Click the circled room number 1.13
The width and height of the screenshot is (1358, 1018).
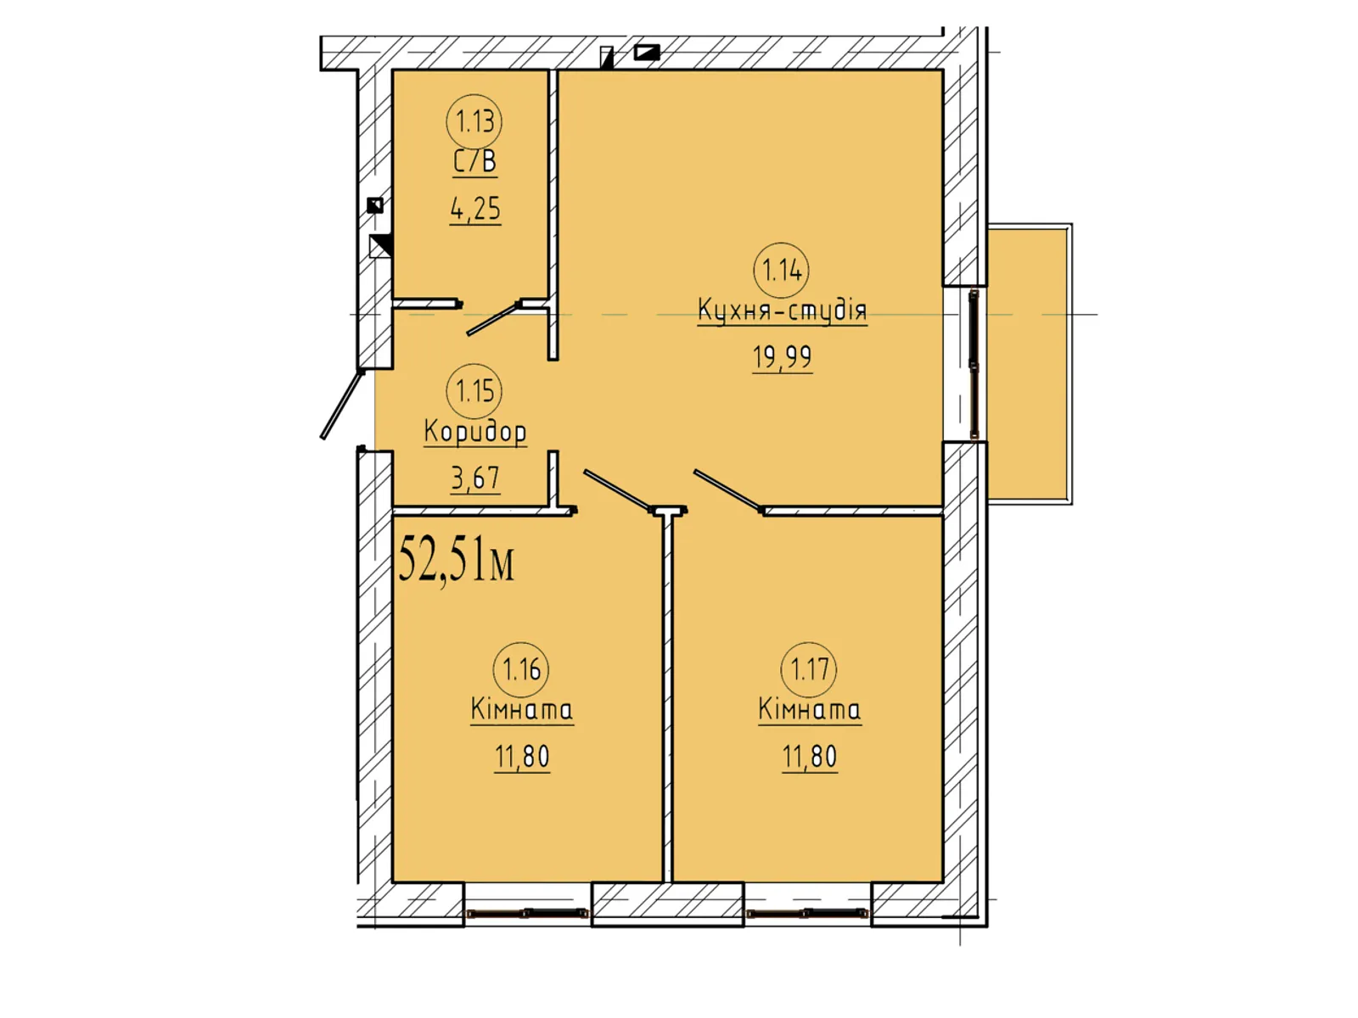click(x=474, y=122)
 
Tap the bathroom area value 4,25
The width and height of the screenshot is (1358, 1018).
click(x=475, y=209)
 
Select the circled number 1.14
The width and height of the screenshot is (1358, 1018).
click(x=782, y=270)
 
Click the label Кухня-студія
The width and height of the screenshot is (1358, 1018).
click(x=782, y=310)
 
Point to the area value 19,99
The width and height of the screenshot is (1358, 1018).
click(x=782, y=357)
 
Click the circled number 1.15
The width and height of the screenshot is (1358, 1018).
click(x=474, y=391)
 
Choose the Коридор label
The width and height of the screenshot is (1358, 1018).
click(x=475, y=432)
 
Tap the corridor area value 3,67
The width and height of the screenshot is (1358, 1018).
click(x=475, y=478)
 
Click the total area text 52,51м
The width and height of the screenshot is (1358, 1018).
click(x=456, y=559)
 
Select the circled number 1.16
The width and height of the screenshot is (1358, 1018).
click(x=521, y=669)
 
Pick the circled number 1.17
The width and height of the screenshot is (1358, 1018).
click(x=809, y=669)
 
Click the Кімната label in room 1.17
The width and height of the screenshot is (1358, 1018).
click(x=809, y=709)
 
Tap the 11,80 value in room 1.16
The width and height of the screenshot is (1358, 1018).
click(x=521, y=757)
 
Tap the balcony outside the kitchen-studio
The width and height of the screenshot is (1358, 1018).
click(x=1027, y=364)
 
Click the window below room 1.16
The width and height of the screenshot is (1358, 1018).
click(x=527, y=912)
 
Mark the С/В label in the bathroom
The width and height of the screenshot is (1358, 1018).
click(x=474, y=162)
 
